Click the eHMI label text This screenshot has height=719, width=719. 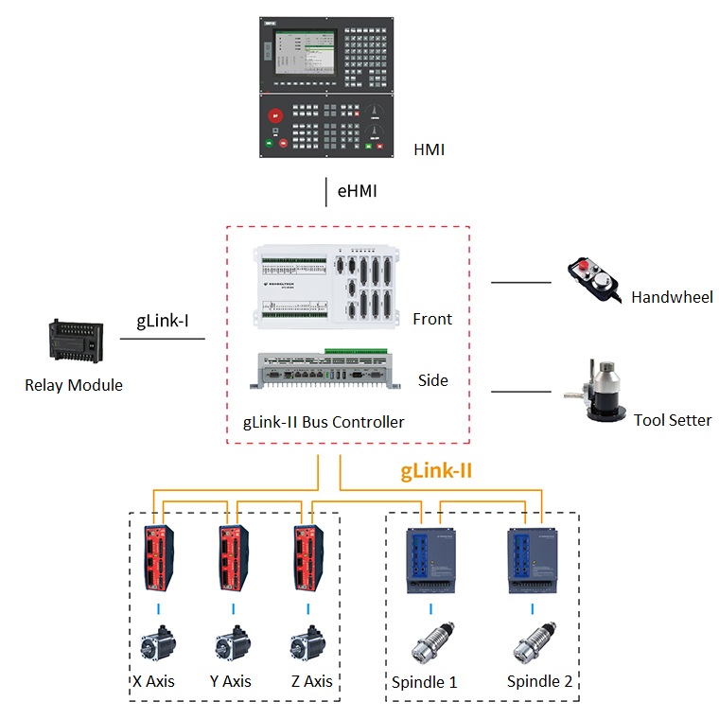358,191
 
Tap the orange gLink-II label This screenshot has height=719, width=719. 436,471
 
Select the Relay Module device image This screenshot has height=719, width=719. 76,342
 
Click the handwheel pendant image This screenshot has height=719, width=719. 595,280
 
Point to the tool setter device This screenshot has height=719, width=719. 595,391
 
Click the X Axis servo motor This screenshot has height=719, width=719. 158,642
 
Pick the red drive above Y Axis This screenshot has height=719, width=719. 234,558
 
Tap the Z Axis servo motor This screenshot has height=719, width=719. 307,642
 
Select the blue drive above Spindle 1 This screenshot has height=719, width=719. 431,561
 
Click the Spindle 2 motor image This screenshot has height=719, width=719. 535,643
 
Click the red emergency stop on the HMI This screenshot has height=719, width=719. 275,115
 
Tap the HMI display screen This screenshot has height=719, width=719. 305,52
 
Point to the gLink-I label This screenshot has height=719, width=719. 163,321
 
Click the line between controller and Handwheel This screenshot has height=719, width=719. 521,283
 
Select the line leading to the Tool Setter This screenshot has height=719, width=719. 521,392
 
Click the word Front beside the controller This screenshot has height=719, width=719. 432,319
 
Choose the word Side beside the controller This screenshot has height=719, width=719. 433,380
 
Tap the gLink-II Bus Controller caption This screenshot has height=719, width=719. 324,422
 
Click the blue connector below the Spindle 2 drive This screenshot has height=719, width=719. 533,609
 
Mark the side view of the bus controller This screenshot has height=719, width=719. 325,369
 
